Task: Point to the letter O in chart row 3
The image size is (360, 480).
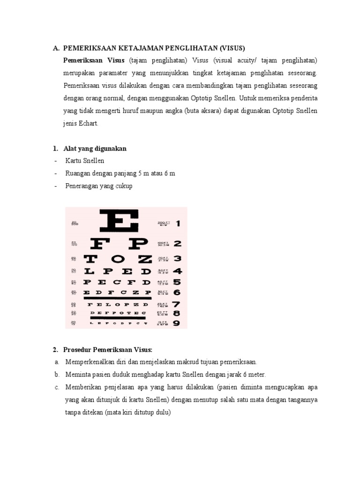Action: click(x=118, y=259)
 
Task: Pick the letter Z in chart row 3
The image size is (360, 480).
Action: click(x=145, y=259)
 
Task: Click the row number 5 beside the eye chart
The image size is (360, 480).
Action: click(x=177, y=282)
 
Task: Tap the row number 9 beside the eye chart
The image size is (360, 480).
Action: click(x=177, y=323)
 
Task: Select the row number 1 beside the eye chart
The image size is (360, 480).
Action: click(x=178, y=224)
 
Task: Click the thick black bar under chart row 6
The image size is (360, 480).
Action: click(x=117, y=298)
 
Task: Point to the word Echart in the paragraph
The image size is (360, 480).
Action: click(x=89, y=124)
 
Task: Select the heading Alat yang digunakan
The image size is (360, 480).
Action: click(x=95, y=149)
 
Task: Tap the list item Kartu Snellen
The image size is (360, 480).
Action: click(x=85, y=161)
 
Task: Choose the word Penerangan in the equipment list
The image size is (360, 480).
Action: click(x=81, y=186)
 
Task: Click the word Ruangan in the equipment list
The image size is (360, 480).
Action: click(x=79, y=173)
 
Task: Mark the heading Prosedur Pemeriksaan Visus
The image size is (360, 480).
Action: click(x=108, y=350)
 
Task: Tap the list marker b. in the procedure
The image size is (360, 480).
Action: click(x=57, y=375)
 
